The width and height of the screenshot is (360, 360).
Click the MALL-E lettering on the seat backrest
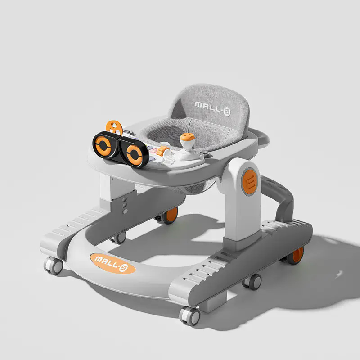coord(212,108)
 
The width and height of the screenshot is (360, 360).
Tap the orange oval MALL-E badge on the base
coord(112,263)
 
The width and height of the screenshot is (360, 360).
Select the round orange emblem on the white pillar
coord(250,182)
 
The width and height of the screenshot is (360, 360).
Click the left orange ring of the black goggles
coord(103,145)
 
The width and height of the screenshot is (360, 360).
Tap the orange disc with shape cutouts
coord(114,127)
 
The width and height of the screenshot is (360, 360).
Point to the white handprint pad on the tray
coord(170,160)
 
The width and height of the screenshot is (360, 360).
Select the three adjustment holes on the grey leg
coord(125,205)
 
